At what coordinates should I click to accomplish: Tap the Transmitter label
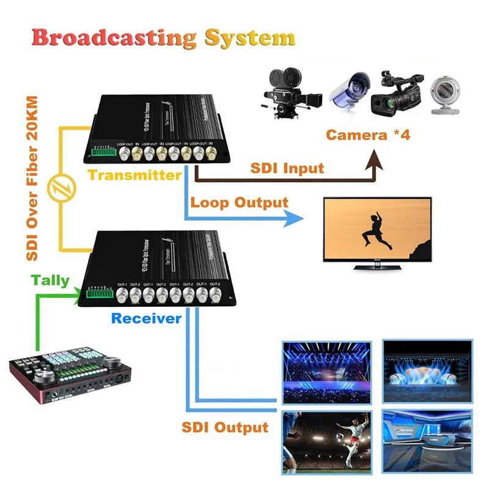pyautogui.click(x=134, y=175)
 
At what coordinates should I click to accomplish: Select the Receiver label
pyautogui.click(x=146, y=318)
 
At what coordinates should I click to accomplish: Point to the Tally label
pyautogui.click(x=50, y=281)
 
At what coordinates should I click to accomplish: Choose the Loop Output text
pyautogui.click(x=239, y=202)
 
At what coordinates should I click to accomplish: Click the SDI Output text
pyautogui.click(x=225, y=427)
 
